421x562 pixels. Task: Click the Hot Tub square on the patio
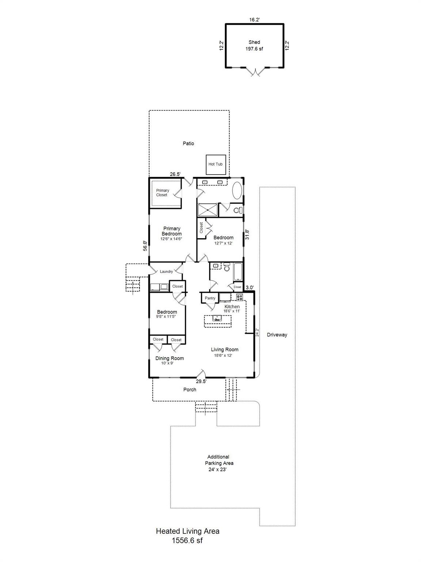tap(216, 165)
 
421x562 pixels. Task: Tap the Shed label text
tap(254, 42)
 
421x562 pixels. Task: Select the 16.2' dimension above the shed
tap(255, 20)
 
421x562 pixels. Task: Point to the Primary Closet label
tap(162, 192)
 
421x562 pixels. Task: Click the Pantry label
tap(210, 298)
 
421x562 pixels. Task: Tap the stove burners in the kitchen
tap(239, 297)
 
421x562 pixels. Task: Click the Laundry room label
tap(166, 271)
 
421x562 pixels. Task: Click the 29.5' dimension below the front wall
tap(201, 381)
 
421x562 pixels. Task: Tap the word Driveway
tap(277, 335)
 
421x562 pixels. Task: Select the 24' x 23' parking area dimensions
tap(217, 469)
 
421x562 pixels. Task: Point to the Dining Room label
tap(170, 359)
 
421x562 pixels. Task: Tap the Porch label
tap(190, 390)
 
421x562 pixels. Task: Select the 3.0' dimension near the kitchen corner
tap(250, 288)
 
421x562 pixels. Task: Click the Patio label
tap(188, 143)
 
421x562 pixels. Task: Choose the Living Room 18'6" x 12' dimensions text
tap(223, 355)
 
